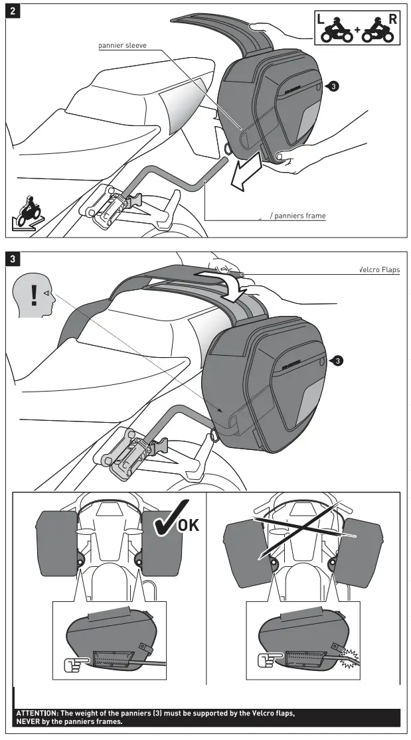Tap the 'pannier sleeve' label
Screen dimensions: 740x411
[x=123, y=45]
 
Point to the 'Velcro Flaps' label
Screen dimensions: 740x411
[x=379, y=270]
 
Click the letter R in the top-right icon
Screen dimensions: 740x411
[x=392, y=19]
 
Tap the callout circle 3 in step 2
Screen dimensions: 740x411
[x=334, y=86]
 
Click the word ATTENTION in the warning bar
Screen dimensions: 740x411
[x=37, y=713]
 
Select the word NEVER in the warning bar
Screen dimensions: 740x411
[x=31, y=721]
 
